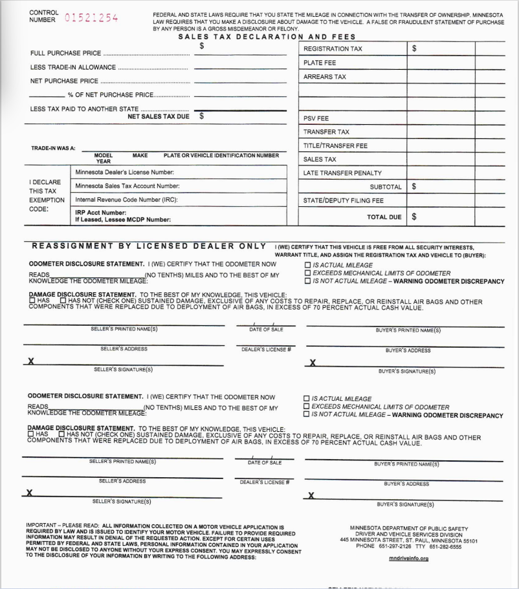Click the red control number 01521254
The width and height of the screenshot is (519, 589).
click(91, 17)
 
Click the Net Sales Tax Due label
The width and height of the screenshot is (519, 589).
click(158, 116)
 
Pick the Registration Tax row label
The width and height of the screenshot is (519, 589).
click(333, 48)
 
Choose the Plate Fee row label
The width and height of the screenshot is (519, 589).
click(320, 63)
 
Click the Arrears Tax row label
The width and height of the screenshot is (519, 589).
click(325, 77)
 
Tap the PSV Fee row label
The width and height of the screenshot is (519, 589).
click(316, 118)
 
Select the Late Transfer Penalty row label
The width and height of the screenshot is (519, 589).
click(342, 173)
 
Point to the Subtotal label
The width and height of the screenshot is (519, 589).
click(386, 187)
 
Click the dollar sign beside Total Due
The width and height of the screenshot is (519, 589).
click(414, 217)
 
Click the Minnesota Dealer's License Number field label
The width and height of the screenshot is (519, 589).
click(124, 173)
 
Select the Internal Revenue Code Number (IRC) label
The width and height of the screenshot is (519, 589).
click(126, 200)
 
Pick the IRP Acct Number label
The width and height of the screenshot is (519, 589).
click(100, 212)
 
